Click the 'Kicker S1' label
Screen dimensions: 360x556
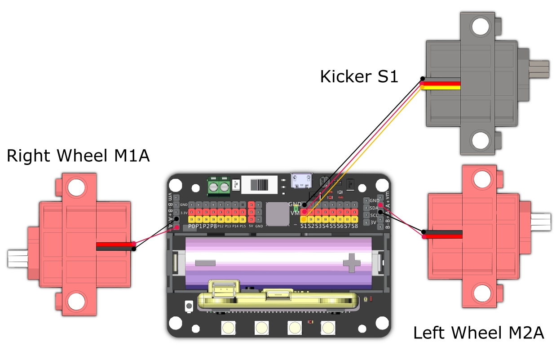tap(359, 76)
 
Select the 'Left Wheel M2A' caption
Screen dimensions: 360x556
tap(478, 333)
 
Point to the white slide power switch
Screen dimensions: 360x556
tap(259, 185)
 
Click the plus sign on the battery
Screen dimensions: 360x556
tap(352, 263)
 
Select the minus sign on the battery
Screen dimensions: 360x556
tap(205, 262)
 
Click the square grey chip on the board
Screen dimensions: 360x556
tap(277, 213)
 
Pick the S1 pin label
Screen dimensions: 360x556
tap(304, 226)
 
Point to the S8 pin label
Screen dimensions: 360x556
tap(355, 226)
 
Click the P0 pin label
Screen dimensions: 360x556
tap(192, 226)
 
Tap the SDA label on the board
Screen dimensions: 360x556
tap(374, 208)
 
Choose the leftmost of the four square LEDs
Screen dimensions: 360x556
tap(229, 328)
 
